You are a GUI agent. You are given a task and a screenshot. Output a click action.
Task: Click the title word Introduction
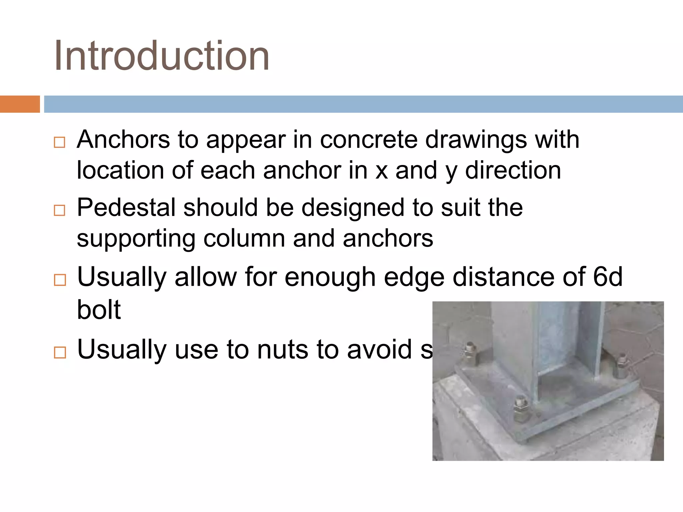pyautogui.click(x=162, y=55)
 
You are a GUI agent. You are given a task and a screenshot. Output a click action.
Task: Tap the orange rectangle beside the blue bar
pyautogui.click(x=20, y=104)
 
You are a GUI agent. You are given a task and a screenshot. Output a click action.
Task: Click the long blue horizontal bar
pyautogui.click(x=363, y=104)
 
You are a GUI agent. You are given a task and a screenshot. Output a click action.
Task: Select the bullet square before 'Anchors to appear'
pyautogui.click(x=59, y=142)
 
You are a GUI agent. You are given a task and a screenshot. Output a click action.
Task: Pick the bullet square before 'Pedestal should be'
pyautogui.click(x=59, y=210)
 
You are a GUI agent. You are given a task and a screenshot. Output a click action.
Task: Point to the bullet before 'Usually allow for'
pyautogui.click(x=60, y=280)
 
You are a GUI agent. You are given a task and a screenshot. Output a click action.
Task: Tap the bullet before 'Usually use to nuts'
pyautogui.click(x=60, y=352)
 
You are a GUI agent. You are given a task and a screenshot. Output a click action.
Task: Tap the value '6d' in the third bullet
pyautogui.click(x=608, y=277)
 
